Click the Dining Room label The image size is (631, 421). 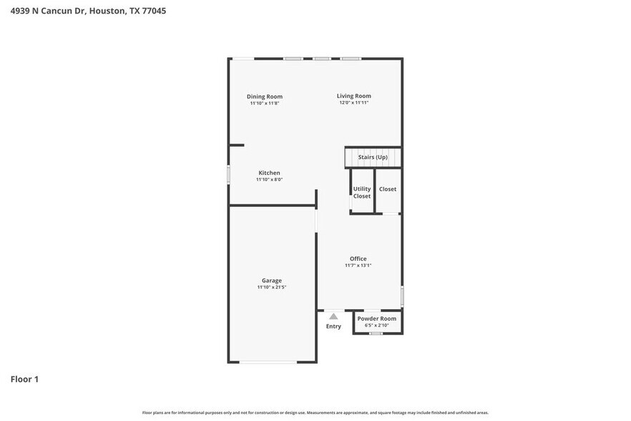point(265,97)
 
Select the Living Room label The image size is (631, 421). point(354,96)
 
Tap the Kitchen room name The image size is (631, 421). point(269,173)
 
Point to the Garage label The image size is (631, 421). point(271,281)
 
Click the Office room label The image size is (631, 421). point(358,258)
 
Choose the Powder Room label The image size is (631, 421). point(377,319)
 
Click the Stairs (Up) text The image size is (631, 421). point(373,157)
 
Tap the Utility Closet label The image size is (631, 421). point(362,193)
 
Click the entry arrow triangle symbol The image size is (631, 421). point(333,316)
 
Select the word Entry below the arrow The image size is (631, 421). point(333,326)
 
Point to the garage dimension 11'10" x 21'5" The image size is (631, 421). point(272,287)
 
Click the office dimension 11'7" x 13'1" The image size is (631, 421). point(358,266)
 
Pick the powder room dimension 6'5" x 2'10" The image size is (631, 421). point(377,326)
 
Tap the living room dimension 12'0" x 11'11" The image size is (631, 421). point(354,103)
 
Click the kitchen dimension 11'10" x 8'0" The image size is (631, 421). point(270,180)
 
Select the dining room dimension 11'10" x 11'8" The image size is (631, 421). point(265,104)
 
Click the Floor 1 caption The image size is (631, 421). point(24,379)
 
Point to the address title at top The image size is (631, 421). point(88,11)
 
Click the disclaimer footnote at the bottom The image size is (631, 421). point(315,412)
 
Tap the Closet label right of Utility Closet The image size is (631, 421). point(388,189)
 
